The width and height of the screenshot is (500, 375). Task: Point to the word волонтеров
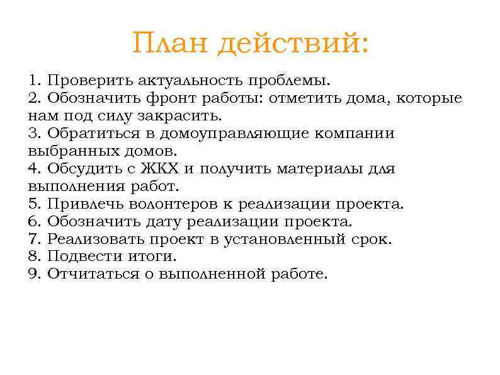(x=166, y=204)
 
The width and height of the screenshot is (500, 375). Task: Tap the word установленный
(x=285, y=239)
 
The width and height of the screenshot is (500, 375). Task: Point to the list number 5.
(x=34, y=204)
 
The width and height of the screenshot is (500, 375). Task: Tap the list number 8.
(x=34, y=257)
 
